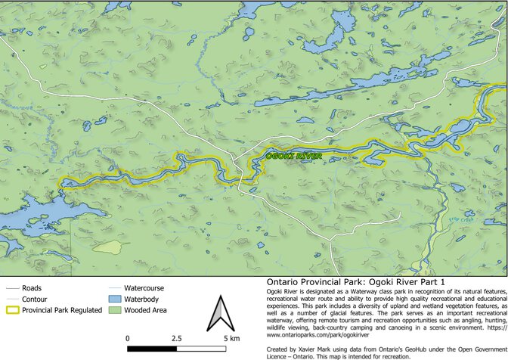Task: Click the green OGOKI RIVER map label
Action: click(294, 157)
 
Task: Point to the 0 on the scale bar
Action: click(128, 338)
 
